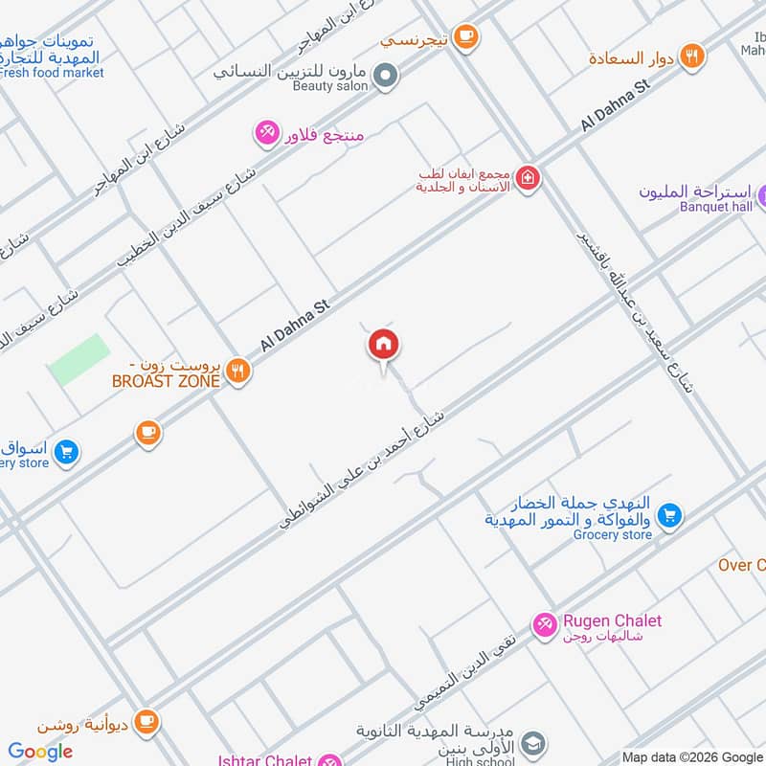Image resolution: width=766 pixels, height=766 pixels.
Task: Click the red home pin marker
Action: tap(384, 344)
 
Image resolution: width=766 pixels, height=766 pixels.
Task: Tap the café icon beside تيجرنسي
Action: tap(465, 37)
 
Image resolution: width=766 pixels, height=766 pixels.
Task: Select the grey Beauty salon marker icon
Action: tap(385, 75)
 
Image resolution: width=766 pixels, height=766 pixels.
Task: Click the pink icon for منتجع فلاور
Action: tap(266, 132)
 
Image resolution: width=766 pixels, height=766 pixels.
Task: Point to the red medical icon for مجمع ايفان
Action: tap(527, 178)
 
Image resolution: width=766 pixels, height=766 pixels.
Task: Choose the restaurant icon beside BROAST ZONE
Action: tap(239, 371)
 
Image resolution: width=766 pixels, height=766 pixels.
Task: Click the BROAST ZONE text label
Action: tap(166, 381)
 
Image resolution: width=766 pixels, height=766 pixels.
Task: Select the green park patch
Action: tap(78, 360)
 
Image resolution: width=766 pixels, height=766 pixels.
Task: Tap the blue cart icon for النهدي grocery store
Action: tap(670, 514)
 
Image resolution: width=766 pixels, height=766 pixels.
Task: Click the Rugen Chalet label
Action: tap(612, 620)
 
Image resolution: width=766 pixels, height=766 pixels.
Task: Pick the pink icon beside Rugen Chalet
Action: tap(544, 623)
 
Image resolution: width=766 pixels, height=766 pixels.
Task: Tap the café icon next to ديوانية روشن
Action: tap(146, 719)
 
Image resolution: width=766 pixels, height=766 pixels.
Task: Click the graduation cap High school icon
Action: tap(534, 744)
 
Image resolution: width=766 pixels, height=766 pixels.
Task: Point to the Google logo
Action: tap(40, 752)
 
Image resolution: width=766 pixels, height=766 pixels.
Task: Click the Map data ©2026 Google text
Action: tap(691, 756)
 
